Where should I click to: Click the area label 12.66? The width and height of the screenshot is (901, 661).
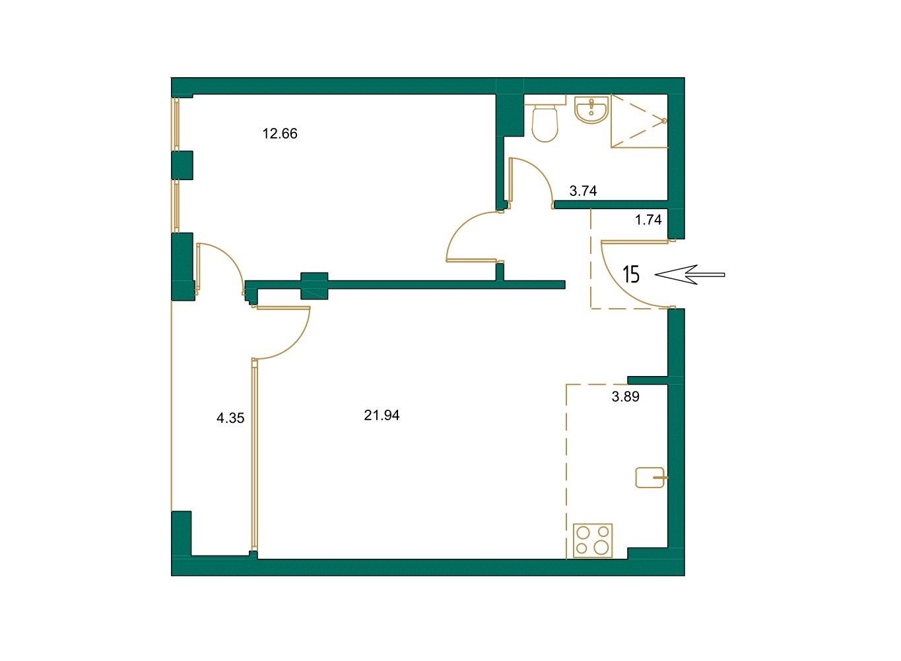click(280, 134)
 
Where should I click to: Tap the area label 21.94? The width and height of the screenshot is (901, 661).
click(382, 416)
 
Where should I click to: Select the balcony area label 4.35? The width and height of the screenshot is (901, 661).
click(230, 418)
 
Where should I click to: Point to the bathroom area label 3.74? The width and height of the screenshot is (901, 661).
click(583, 191)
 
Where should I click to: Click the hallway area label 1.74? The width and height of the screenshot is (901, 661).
click(648, 220)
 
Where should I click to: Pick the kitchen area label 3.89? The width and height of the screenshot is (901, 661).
click(625, 397)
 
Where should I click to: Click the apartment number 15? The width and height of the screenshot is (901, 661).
click(631, 274)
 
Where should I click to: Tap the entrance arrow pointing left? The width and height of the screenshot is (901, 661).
click(689, 274)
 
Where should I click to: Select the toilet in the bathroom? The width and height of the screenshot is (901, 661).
click(545, 123)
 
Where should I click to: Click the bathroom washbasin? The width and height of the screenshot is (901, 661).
click(591, 110)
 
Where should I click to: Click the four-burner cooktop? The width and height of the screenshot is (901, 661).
click(593, 540)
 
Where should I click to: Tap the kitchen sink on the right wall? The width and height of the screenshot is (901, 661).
click(650, 477)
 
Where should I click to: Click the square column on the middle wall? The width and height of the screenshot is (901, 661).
click(314, 286)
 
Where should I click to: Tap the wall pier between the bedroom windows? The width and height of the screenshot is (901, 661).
click(182, 165)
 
